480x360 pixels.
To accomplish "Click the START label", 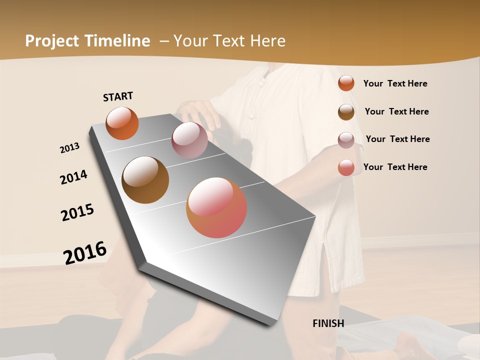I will tap(118, 96).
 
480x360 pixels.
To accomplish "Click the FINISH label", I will tap(328, 323).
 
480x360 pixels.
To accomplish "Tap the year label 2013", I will tap(69, 148).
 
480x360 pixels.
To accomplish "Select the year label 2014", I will tap(73, 177).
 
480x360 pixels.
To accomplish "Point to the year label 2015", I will tap(77, 212).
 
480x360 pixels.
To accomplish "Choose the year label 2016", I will tap(85, 252).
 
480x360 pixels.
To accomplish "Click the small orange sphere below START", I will tap(122, 123).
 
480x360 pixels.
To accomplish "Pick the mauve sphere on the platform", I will tap(189, 140).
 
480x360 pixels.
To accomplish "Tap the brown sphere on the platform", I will tap(145, 179).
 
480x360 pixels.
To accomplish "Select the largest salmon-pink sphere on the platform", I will tap(216, 207).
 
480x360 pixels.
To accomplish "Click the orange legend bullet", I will tap(346, 83).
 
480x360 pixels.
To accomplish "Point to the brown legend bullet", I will tap(346, 111).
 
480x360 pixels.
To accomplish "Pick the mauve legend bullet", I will tap(346, 139).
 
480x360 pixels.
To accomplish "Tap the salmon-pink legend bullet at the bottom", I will tap(346, 167).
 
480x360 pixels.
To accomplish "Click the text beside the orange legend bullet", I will tap(395, 83).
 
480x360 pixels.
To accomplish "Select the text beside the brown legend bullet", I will tap(396, 111).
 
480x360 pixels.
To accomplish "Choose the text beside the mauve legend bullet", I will tap(397, 139).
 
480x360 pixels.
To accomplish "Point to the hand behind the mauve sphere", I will tap(200, 113).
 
